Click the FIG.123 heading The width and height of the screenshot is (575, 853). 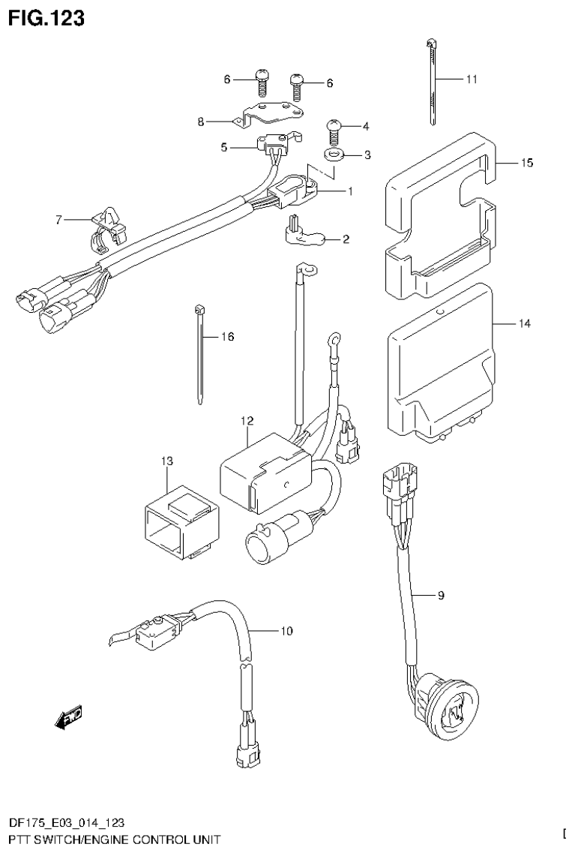pyautogui.click(x=46, y=17)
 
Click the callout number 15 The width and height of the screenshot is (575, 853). pyautogui.click(x=527, y=163)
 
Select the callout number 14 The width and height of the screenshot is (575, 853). pyautogui.click(x=523, y=323)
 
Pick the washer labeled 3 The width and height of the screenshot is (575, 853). pyautogui.click(x=333, y=155)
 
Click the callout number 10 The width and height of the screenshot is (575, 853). pyautogui.click(x=286, y=631)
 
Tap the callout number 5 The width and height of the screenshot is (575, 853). pyautogui.click(x=223, y=148)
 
